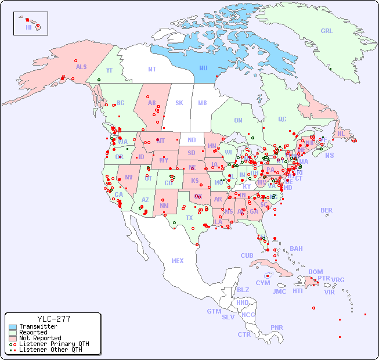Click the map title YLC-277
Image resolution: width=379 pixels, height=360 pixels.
(53, 319)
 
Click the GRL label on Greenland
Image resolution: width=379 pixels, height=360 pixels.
(327, 31)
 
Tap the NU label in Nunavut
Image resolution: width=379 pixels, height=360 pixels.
(203, 68)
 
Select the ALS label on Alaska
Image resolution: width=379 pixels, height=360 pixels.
(81, 67)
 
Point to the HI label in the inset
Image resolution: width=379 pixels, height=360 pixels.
(28, 27)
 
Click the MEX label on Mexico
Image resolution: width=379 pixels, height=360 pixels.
(178, 261)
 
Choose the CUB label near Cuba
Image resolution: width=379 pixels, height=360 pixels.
(247, 255)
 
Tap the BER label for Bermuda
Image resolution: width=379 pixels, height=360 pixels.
(327, 210)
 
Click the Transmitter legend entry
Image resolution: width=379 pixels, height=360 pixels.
(38, 327)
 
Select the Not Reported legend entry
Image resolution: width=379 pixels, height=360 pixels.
(39, 338)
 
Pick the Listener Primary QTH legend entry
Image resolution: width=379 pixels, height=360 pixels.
(53, 344)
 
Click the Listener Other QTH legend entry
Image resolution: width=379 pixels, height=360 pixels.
(50, 350)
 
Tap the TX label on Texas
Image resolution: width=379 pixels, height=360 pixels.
(189, 218)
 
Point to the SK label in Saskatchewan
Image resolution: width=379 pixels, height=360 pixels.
(179, 103)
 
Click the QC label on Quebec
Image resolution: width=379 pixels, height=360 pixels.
(282, 119)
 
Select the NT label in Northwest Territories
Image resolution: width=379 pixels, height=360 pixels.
(152, 69)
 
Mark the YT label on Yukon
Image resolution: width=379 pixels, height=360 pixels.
(109, 70)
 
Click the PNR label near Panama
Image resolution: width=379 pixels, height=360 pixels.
(277, 327)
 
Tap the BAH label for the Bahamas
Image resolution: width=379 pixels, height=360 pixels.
(296, 249)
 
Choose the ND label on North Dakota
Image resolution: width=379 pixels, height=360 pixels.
(192, 140)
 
